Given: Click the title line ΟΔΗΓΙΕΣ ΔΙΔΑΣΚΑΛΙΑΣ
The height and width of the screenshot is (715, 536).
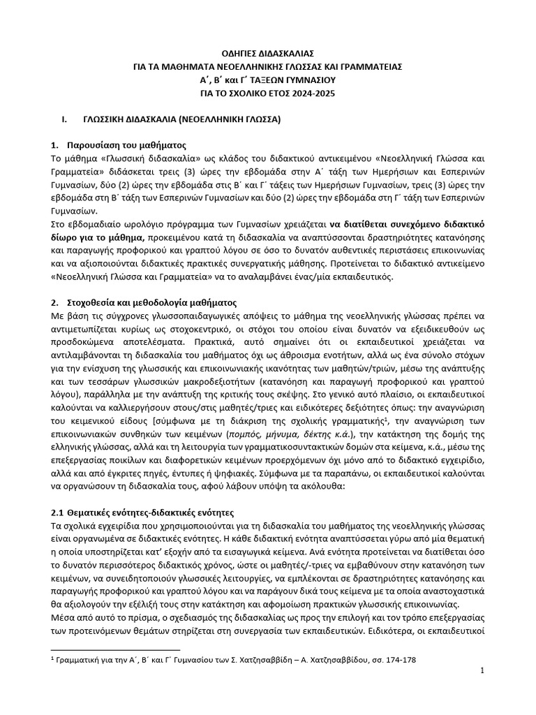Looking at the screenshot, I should pyautogui.click(x=268, y=53).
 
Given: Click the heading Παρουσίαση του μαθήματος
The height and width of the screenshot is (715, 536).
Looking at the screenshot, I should pyautogui.click(x=126, y=146).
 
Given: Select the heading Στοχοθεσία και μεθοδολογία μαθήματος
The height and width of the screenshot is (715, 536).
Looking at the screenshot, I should pyautogui.click(x=151, y=303).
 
